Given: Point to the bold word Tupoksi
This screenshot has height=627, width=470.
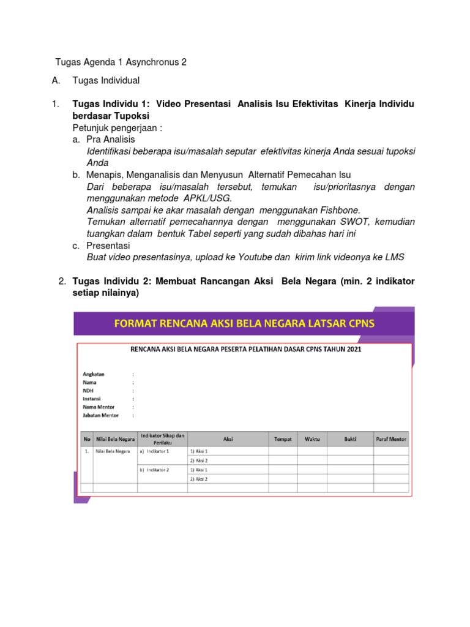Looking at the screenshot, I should point(128,116).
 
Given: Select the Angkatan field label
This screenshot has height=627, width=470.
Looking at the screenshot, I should point(94,374).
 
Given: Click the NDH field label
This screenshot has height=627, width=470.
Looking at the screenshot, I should point(88,390).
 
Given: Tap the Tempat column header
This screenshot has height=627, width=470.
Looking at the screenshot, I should point(283,439).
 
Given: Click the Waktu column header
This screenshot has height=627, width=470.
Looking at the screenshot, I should point(312,439).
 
